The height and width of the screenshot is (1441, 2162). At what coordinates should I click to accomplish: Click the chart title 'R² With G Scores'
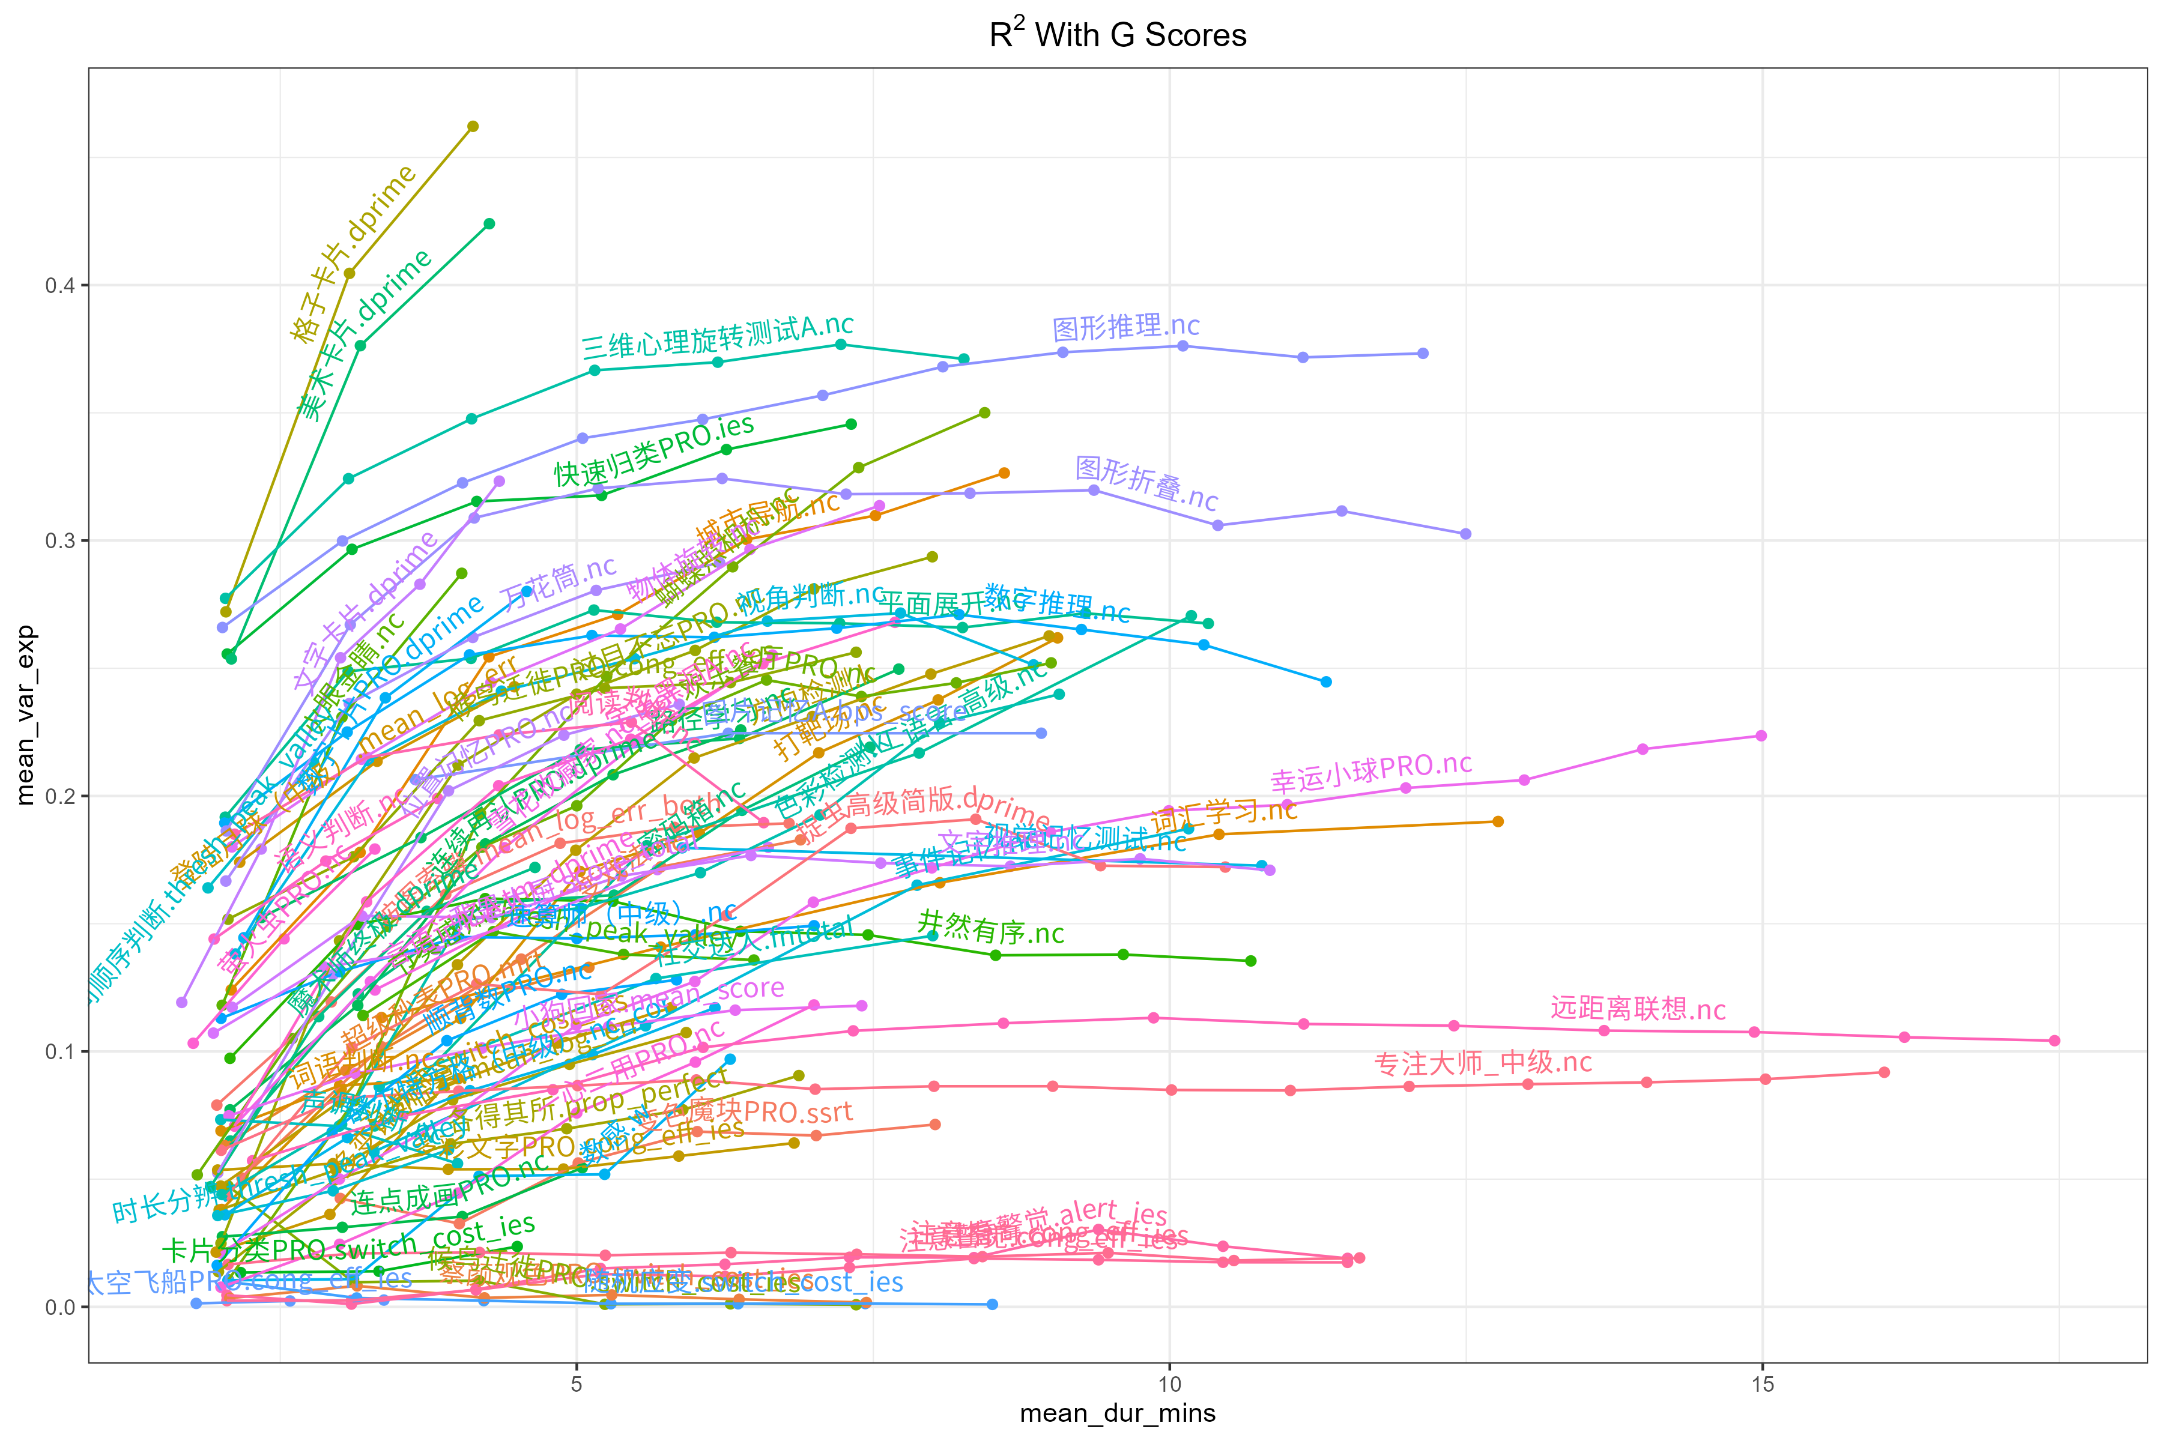(x=1117, y=35)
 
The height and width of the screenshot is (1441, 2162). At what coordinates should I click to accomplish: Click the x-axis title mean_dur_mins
(x=1117, y=1413)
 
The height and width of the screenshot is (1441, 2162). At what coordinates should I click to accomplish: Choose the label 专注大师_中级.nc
(x=1483, y=1063)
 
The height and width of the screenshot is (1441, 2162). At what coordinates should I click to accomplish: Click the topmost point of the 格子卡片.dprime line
(x=473, y=127)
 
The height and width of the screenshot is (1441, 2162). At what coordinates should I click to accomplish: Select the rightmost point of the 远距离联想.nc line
(x=2055, y=1041)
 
